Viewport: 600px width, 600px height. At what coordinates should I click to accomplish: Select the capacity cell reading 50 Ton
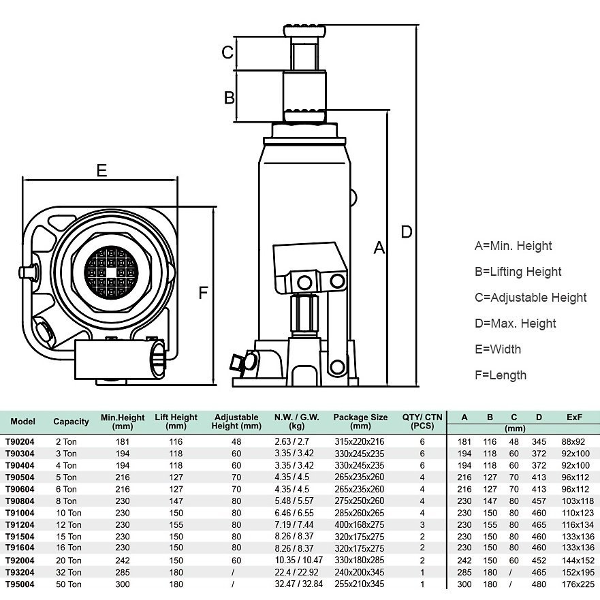[x=67, y=584]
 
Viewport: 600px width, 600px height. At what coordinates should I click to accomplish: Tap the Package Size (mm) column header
[x=360, y=422]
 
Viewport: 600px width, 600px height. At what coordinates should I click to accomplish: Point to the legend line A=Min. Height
[x=513, y=246]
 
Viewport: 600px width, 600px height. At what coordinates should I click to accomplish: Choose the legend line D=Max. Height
[x=515, y=323]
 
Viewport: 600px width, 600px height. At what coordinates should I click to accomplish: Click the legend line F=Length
[x=500, y=375]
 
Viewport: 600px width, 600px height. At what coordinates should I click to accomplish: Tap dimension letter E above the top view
[x=101, y=170]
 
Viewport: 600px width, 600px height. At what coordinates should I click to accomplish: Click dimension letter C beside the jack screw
[x=229, y=52]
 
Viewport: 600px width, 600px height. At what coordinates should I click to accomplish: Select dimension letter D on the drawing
[x=407, y=232]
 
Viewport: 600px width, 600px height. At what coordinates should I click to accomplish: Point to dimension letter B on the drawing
[x=230, y=97]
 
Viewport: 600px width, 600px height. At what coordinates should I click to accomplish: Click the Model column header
[x=23, y=422]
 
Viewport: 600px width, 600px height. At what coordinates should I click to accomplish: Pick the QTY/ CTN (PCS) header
[x=422, y=422]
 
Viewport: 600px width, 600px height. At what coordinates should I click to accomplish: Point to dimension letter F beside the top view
[x=202, y=294]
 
